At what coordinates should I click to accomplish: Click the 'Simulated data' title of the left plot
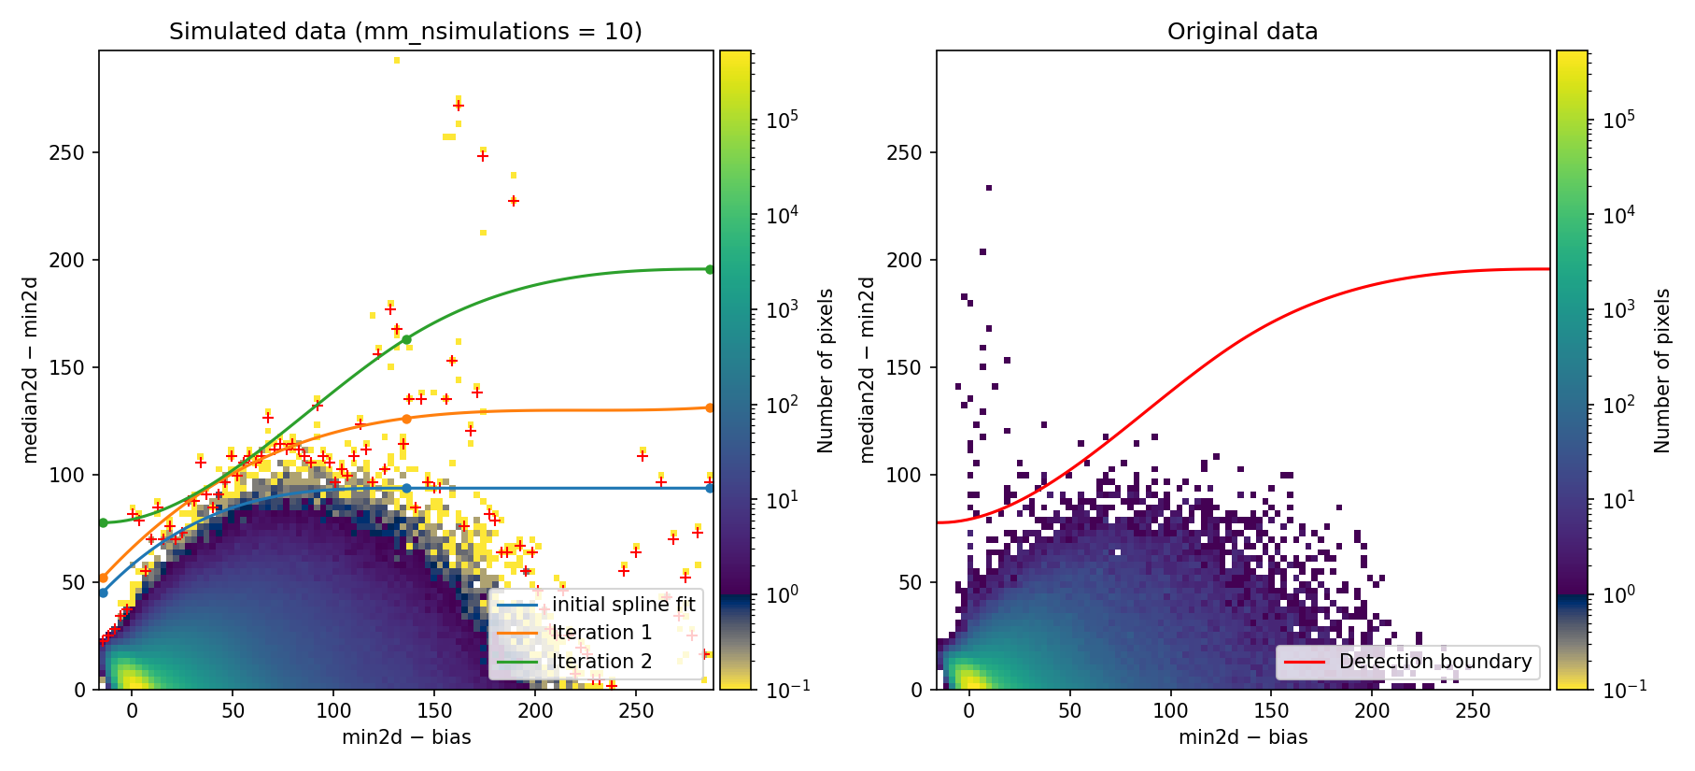tap(405, 32)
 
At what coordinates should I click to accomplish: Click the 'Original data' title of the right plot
tap(1242, 32)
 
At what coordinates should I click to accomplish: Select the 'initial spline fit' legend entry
tap(623, 605)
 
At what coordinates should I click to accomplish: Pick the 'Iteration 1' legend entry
tap(601, 633)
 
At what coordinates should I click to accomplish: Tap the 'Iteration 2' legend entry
tap(601, 662)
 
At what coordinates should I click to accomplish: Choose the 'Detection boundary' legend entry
tap(1434, 662)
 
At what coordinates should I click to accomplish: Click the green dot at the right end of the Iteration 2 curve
tap(710, 269)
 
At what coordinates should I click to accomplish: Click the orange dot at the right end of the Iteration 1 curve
tap(710, 407)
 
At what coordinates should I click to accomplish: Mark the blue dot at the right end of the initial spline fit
tap(710, 488)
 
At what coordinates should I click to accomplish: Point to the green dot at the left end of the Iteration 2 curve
tap(103, 522)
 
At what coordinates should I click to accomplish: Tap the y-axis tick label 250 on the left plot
tap(66, 152)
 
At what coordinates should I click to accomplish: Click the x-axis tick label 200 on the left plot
tap(535, 710)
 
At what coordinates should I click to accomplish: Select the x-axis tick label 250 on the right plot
tap(1473, 710)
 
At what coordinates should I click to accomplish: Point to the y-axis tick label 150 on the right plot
tap(904, 367)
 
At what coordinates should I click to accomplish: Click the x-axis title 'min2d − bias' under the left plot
tap(406, 737)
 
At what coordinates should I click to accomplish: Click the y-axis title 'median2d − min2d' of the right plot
tap(868, 369)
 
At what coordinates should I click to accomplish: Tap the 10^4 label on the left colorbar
tap(781, 215)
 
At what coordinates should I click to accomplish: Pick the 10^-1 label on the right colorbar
tap(1618, 689)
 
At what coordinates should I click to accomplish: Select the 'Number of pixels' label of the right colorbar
tap(1662, 370)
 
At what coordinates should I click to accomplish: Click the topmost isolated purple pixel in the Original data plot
tap(989, 188)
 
